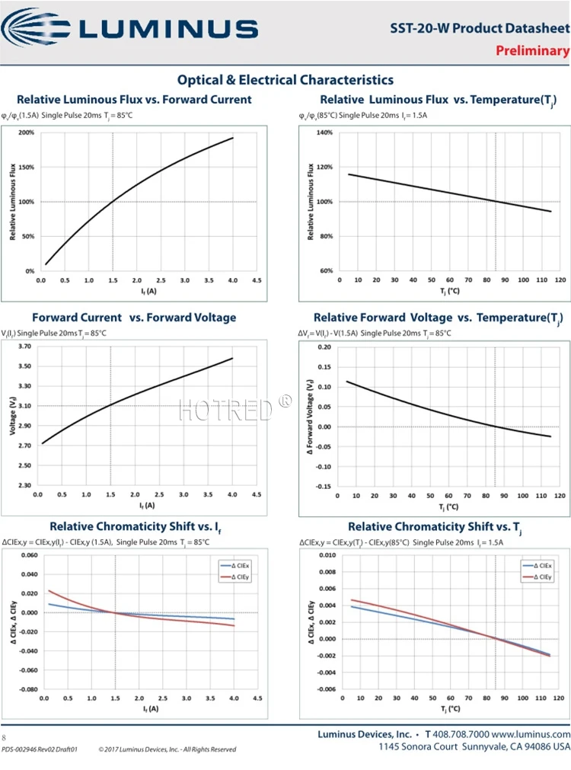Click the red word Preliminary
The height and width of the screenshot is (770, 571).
(x=532, y=51)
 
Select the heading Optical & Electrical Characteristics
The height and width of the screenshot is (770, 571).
(x=285, y=80)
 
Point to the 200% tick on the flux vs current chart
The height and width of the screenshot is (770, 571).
(x=26, y=133)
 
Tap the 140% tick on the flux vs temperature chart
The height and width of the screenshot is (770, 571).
(x=324, y=133)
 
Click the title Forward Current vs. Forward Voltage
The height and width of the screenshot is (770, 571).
(x=134, y=318)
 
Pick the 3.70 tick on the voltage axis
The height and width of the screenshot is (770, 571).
(x=24, y=347)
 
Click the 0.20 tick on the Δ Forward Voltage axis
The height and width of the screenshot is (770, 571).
(x=323, y=347)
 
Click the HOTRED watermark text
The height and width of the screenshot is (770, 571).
(x=225, y=409)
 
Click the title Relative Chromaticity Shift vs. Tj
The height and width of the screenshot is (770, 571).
(x=435, y=527)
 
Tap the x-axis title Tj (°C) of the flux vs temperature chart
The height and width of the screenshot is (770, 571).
(x=449, y=292)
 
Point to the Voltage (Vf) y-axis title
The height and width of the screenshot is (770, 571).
(x=13, y=416)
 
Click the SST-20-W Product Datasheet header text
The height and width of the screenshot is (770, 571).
(x=480, y=29)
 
